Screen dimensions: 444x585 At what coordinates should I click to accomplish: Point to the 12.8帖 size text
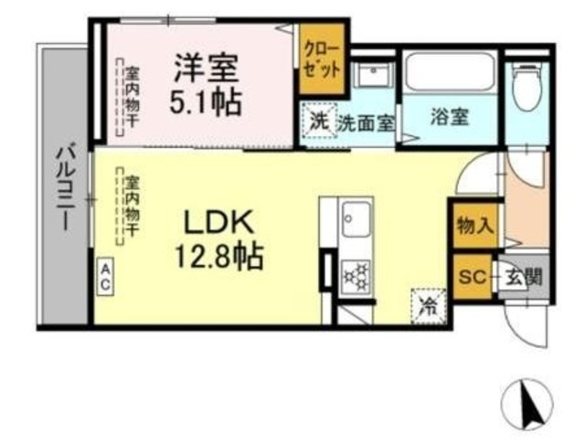click(x=219, y=255)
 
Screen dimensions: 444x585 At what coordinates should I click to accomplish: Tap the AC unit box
click(x=105, y=276)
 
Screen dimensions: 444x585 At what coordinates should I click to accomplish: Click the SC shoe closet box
click(x=472, y=276)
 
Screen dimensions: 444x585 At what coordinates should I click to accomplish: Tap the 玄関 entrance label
click(x=524, y=276)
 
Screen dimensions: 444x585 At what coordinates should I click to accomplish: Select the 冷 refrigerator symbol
click(x=428, y=303)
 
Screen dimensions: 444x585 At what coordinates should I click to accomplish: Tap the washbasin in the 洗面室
click(x=374, y=78)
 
